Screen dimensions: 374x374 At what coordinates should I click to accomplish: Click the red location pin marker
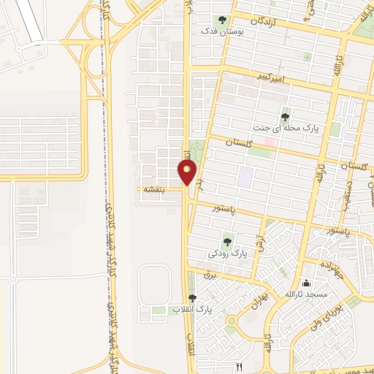187,173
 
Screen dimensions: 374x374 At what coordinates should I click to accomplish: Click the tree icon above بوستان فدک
222,20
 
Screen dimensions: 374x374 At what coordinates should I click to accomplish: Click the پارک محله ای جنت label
278,128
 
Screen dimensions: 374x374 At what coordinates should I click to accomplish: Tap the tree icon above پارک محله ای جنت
285,115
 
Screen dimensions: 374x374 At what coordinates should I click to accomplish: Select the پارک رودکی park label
228,253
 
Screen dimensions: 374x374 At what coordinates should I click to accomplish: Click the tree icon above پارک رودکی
228,241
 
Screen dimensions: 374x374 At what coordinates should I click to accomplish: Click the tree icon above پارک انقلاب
192,297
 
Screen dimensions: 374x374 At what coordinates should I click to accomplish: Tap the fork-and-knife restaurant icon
239,365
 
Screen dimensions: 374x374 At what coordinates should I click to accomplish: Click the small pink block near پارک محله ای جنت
270,140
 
